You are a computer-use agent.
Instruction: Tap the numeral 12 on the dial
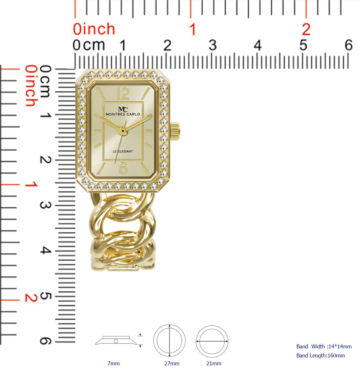pos(123,94)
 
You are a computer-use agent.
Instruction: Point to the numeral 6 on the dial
pos(123,168)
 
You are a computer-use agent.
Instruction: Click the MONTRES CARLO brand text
pos(123,114)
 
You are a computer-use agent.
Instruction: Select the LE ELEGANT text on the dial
pos(123,152)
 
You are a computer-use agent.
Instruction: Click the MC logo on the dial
pos(123,108)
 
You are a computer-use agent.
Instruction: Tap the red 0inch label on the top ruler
pos(94,29)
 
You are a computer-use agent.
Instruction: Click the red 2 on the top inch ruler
pos(306,29)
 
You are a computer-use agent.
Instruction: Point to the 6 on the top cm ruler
pos(348,45)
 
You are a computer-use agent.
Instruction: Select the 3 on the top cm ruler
pos(212,45)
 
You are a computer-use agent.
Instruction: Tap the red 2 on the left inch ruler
pos(31,298)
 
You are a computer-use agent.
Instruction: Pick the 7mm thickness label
pos(113,364)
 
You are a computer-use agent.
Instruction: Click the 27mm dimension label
pos(172,364)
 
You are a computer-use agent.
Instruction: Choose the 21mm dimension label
pos(214,364)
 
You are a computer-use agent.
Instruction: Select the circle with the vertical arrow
pos(170,340)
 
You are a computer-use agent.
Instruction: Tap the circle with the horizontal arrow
pos(212,341)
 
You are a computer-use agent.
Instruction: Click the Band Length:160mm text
pos(320,356)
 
